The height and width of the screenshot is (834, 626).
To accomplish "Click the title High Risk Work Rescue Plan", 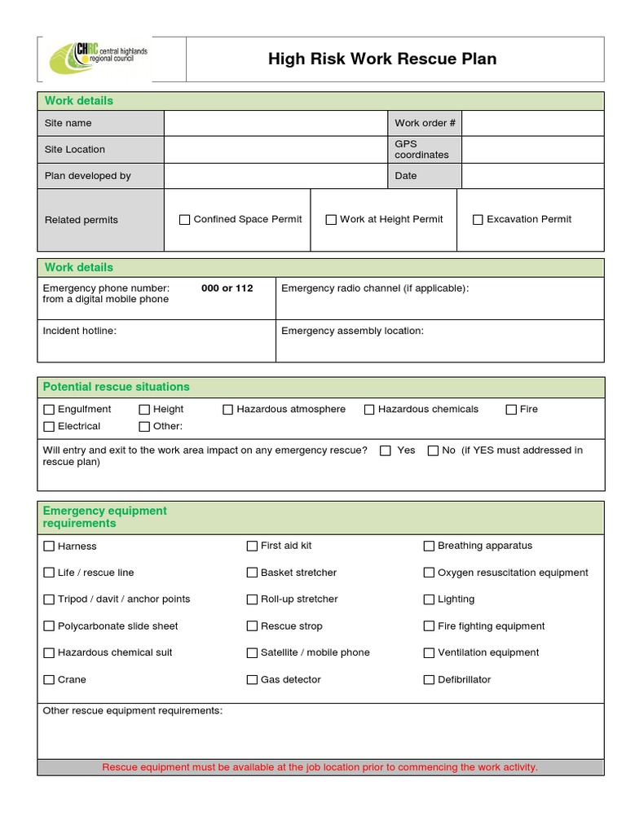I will pos(382,59).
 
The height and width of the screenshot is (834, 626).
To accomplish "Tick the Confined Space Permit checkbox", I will pos(184,219).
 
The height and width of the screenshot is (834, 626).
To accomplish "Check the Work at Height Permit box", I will pos(331,219).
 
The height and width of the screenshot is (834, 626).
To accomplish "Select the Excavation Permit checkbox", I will pos(478,219).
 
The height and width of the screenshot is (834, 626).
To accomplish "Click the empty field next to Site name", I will pos(275,123).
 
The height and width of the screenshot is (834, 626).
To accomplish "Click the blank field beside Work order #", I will pos(531,123).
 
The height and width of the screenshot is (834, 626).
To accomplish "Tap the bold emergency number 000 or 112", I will pos(227,288).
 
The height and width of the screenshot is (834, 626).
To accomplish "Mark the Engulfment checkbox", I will pos(49,410).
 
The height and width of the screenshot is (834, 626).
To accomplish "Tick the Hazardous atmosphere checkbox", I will pos(228,410).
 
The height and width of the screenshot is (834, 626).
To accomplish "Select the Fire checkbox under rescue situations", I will pos(511,410).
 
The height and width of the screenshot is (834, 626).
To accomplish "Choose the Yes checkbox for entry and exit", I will pos(386,450).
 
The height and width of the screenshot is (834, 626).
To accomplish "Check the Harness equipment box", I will pos(49,546).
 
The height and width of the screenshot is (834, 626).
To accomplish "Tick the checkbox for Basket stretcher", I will pos(252,573).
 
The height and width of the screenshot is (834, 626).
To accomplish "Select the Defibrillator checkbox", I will pos(429,679).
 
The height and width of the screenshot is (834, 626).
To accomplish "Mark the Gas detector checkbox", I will pos(252,679).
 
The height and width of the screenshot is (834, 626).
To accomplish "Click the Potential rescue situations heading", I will pos(116,387).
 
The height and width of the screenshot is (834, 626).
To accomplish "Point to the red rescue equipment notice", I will pos(320,767).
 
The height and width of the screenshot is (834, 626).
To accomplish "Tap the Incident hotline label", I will pos(79,331).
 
